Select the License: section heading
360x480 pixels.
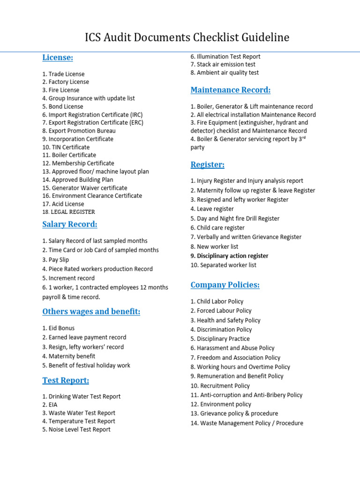(58, 58)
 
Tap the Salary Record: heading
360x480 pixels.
(70, 225)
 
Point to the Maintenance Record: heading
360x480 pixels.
(230, 90)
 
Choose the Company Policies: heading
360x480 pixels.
(225, 285)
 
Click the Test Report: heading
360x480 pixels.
(66, 380)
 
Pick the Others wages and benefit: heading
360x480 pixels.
(91, 312)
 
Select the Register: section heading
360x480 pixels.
(207, 165)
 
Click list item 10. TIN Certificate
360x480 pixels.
(66, 147)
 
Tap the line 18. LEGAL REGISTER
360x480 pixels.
(68, 212)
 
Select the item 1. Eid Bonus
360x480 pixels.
(58, 328)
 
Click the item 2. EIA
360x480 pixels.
(50, 405)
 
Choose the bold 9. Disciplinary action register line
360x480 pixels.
(229, 256)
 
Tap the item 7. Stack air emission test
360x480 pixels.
(223, 65)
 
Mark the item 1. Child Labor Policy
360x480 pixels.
(217, 301)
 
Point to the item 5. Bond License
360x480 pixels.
(63, 106)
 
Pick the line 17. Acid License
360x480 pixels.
(63, 204)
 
